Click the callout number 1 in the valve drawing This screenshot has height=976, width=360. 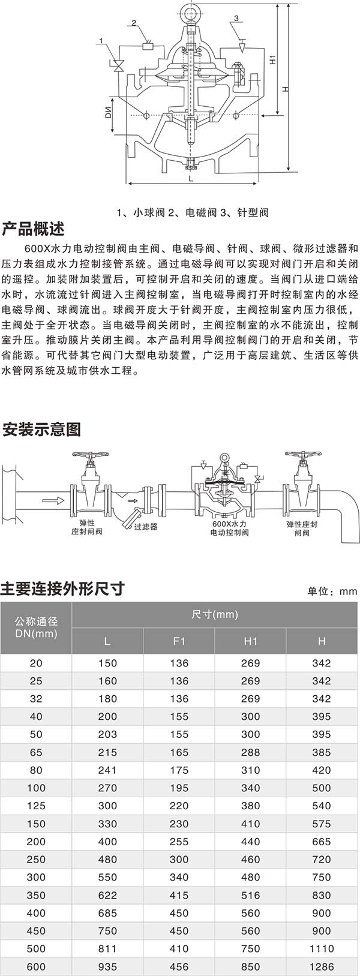pos(102,41)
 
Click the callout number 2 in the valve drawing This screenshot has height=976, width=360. pos(134,23)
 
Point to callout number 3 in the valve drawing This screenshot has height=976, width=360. pos(236,19)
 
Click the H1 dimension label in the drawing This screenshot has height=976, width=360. pos(272,60)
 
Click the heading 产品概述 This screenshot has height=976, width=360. pos(33,229)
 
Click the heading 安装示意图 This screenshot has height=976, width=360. pos(41,430)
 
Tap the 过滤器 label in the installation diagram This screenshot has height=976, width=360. pos(146,527)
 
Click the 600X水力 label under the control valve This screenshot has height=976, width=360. pos(229,524)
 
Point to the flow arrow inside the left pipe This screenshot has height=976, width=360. pos(53,500)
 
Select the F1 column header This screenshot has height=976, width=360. pos(179,641)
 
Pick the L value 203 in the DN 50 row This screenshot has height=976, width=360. pos(107,734)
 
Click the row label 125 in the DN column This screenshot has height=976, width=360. pos(36,806)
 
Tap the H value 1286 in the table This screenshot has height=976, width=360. pos(322,966)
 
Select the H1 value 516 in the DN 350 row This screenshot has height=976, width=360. pos(251,895)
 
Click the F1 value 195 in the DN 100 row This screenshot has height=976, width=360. pos(179,788)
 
